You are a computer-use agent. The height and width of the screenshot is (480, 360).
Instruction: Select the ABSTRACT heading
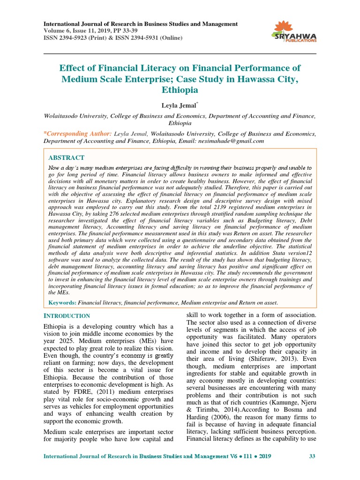pyautogui.click(x=67, y=158)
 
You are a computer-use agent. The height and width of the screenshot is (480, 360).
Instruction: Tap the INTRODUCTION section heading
pyautogui.click(x=67, y=316)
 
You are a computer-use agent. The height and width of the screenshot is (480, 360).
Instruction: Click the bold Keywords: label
pyautogui.click(x=62, y=303)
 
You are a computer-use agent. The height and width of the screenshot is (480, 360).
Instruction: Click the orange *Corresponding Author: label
pyautogui.click(x=77, y=134)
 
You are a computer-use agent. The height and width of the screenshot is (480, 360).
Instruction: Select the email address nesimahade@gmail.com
pyautogui.click(x=232, y=141)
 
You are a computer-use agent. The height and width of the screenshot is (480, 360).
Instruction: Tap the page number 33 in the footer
pyautogui.click(x=312, y=456)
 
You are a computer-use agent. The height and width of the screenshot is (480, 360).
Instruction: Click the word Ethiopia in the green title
pyautogui.click(x=180, y=90)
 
